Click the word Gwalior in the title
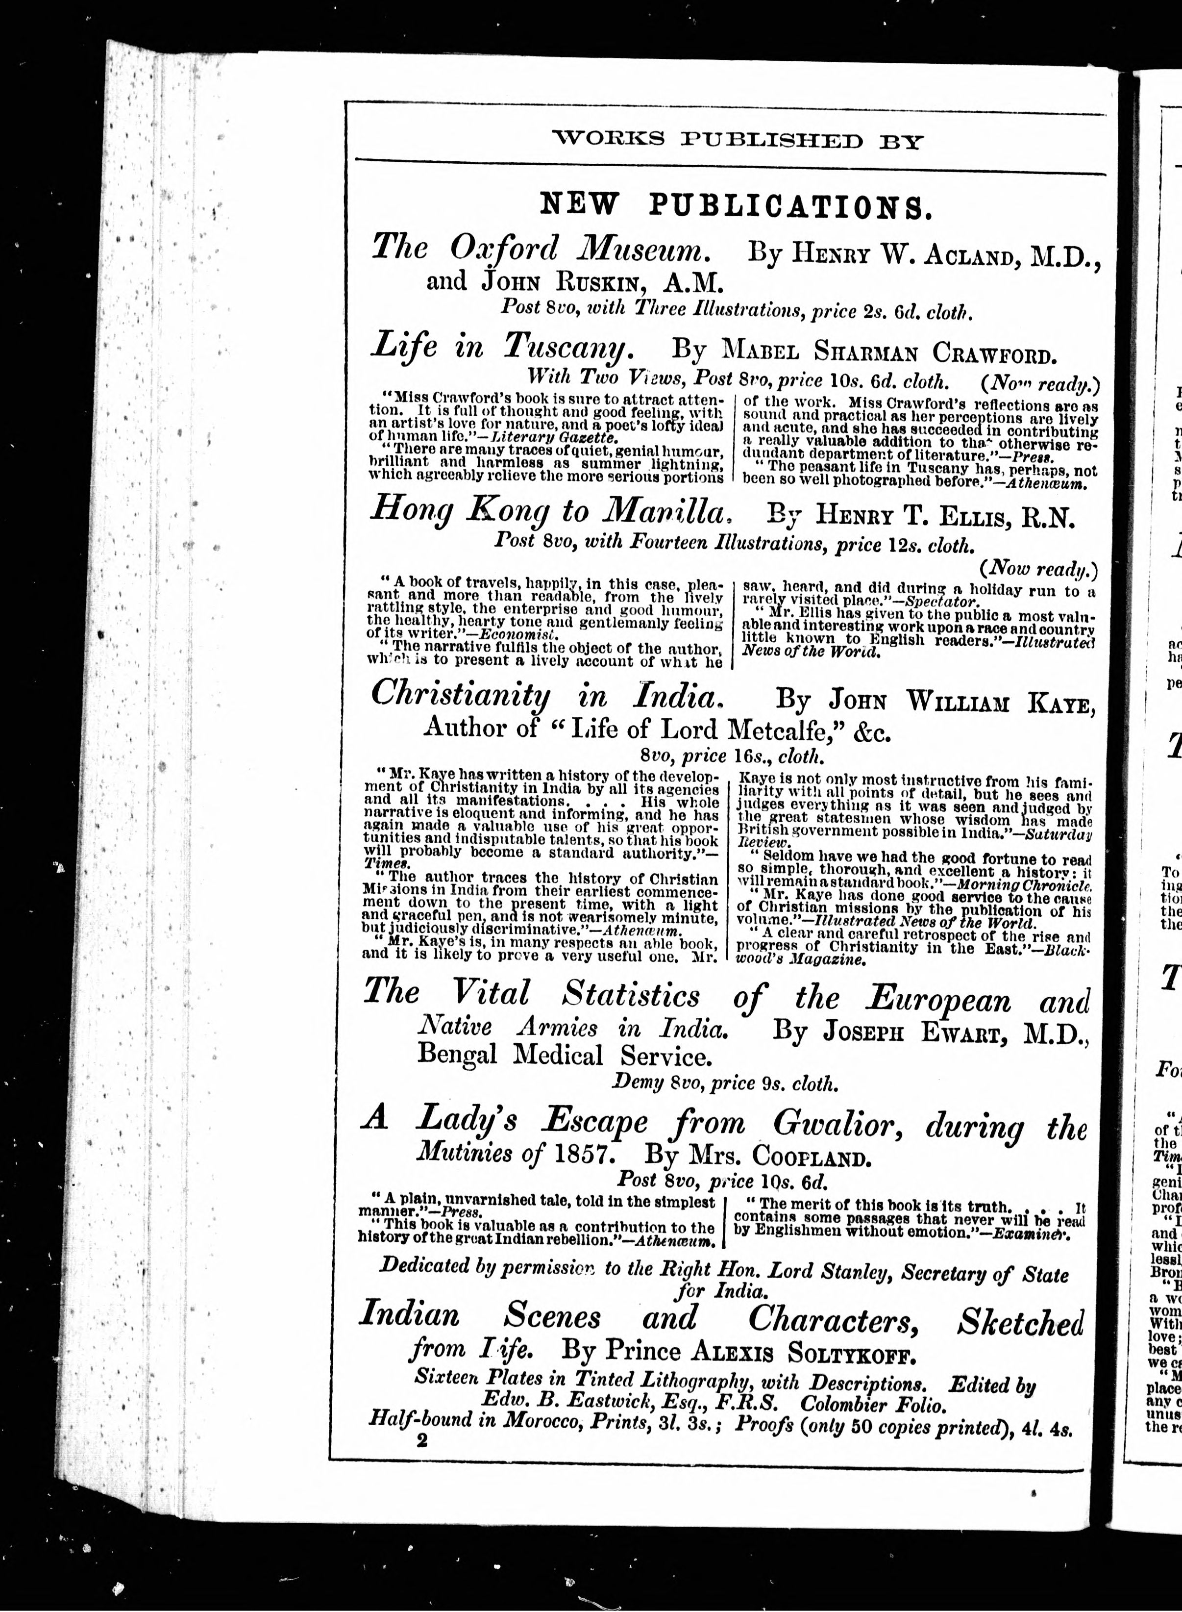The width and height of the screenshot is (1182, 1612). coord(828,1125)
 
